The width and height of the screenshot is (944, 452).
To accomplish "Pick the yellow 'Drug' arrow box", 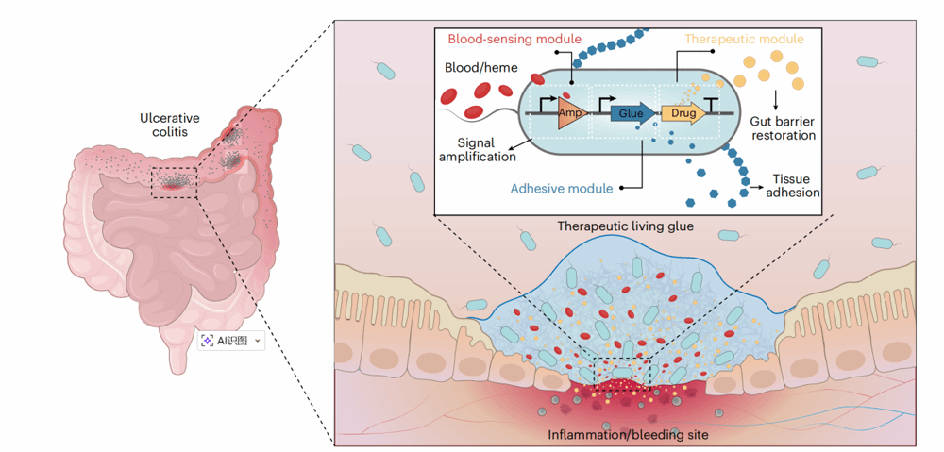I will point(683,113).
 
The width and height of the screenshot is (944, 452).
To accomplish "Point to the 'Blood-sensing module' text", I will point(514,40).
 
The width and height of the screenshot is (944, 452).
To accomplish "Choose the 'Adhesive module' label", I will point(562,189).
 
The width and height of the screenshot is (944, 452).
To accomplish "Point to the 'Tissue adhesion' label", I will point(796,186).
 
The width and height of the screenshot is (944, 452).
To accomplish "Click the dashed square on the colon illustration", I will point(174,179).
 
